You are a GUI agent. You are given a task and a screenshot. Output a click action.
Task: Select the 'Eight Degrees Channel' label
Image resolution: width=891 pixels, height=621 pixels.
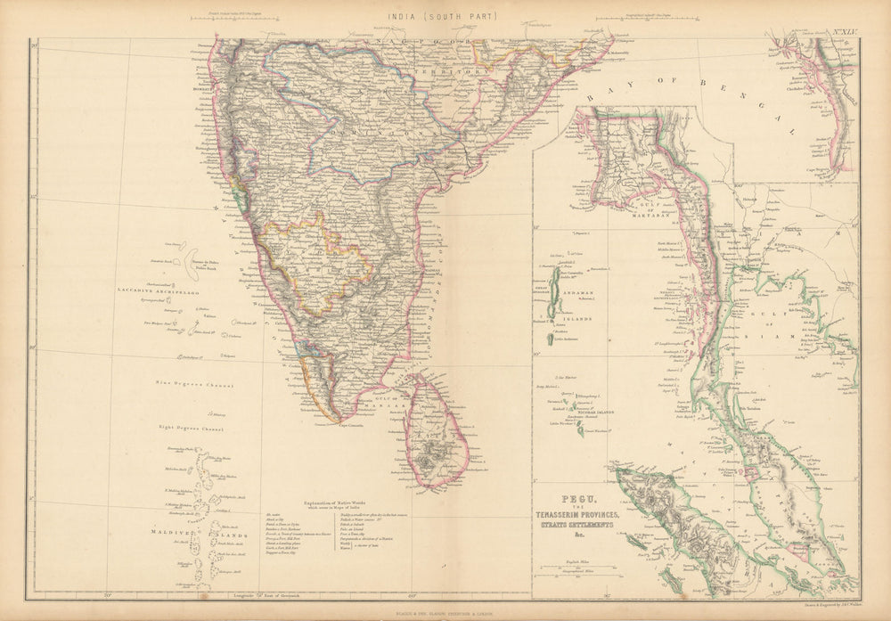click(x=190, y=428)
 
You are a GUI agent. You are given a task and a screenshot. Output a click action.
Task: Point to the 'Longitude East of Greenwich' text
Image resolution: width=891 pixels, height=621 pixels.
click(x=266, y=592)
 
